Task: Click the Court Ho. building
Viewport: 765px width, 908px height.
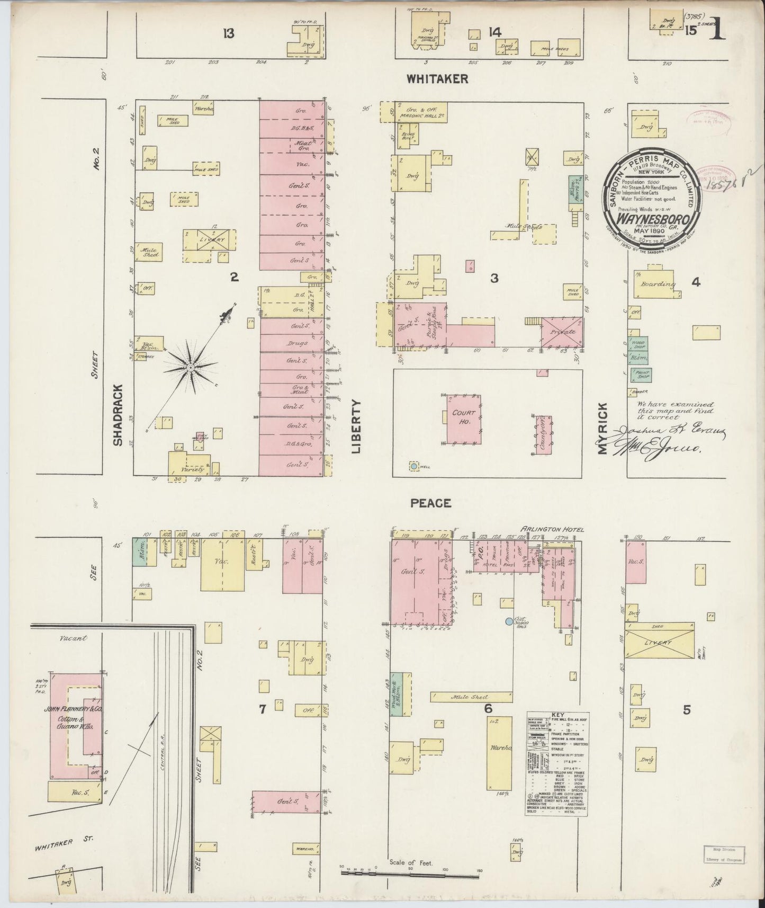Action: pos(464,420)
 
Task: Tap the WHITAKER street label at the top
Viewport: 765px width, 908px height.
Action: pos(437,79)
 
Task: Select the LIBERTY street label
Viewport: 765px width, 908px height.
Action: pos(355,426)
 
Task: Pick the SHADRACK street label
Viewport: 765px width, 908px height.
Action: pos(118,414)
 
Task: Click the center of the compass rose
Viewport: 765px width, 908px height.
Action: pos(190,367)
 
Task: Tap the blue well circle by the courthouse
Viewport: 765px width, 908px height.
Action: pos(413,467)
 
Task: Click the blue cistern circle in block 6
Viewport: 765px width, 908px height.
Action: pos(509,621)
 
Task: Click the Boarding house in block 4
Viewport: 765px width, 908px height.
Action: pos(658,285)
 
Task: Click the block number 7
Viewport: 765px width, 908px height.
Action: pos(262,709)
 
